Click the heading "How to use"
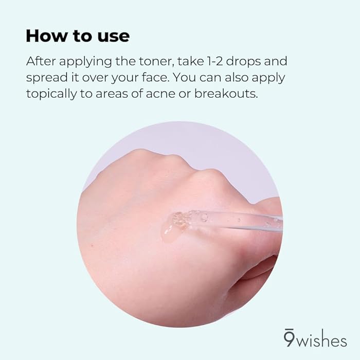click(x=78, y=37)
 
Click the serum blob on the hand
click(x=174, y=226)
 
